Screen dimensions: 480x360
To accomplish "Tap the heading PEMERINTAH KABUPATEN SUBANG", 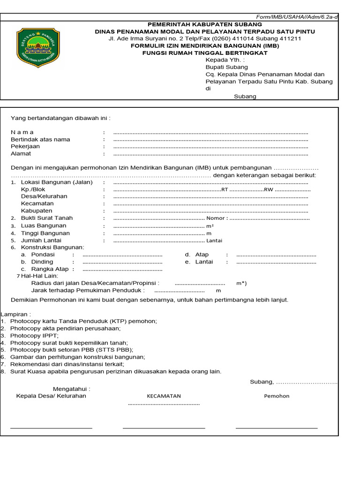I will tap(205, 24).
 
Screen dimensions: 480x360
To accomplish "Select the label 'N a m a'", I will tap(22, 132).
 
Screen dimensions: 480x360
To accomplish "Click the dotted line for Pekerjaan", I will tap(210, 147).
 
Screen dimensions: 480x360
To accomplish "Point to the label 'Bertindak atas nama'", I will tap(40, 139).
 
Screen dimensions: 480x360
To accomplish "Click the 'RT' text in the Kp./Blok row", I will tap(225, 190).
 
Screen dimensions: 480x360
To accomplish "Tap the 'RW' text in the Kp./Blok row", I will tap(268, 190).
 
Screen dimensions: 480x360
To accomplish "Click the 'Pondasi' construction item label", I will tap(43, 255).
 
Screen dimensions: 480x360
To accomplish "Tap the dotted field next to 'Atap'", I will tap(276, 255).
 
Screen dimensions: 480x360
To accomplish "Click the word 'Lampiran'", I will tap(15, 314).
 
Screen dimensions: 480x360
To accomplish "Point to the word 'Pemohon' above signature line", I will tap(277, 396).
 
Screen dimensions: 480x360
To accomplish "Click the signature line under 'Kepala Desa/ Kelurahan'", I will tap(51, 428).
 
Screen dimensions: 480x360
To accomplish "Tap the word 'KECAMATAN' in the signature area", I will tap(164, 396).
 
